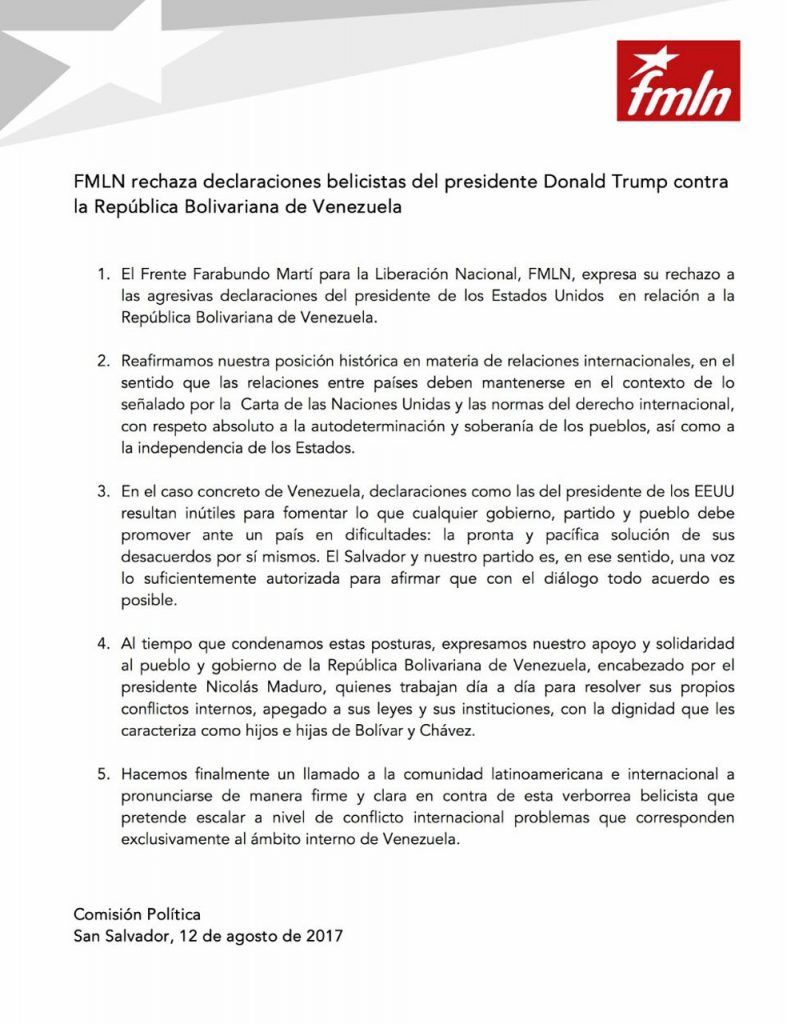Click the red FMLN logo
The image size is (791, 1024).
click(x=678, y=80)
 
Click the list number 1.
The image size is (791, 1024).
click(x=101, y=273)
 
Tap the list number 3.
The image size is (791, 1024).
click(x=101, y=491)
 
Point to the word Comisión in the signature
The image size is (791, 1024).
click(x=110, y=914)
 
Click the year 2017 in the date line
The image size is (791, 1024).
click(x=323, y=936)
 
